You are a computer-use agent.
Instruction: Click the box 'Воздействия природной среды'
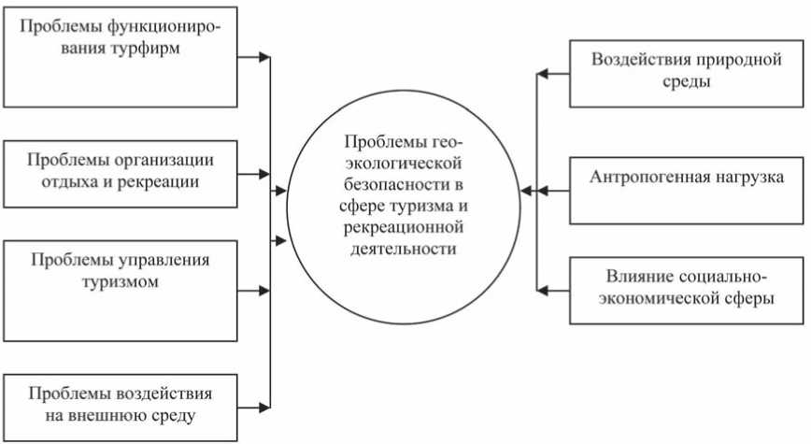point(686,72)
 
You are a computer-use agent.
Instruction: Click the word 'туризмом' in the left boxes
point(120,280)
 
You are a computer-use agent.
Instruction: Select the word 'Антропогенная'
point(644,177)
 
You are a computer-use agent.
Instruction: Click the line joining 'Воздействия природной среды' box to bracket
point(553,72)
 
